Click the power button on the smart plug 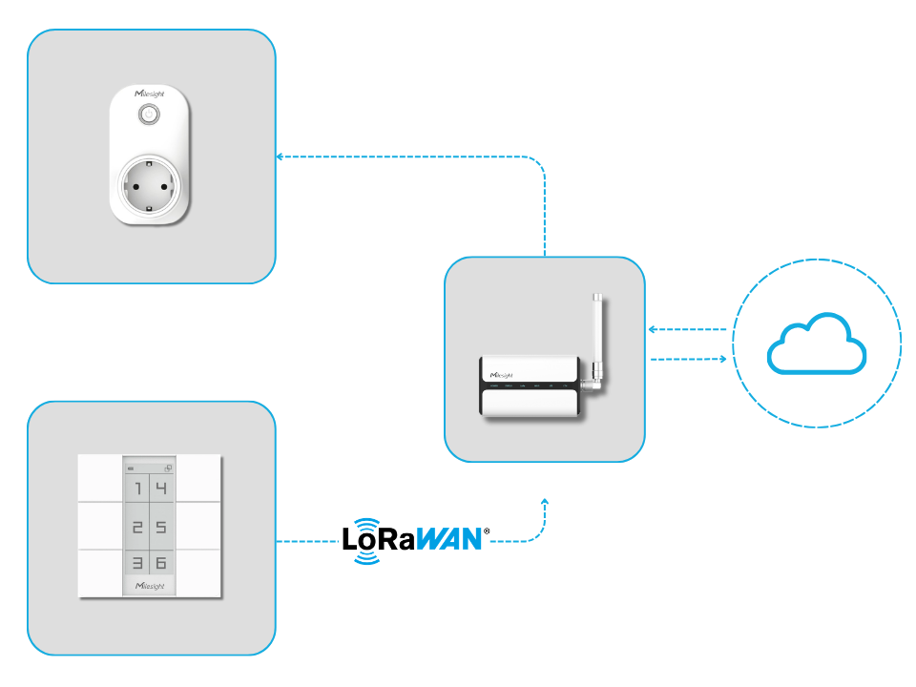(x=149, y=114)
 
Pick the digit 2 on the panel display (x=137, y=527)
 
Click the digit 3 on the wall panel (x=137, y=563)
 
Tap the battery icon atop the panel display (x=131, y=468)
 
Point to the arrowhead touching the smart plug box (x=280, y=156)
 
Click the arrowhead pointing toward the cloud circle (x=726, y=359)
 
